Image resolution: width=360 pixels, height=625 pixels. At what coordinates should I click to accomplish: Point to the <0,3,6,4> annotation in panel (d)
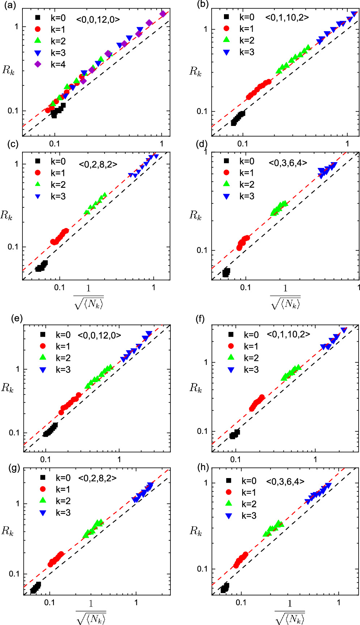tap(288, 163)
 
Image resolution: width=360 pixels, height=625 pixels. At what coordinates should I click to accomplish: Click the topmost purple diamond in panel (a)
tap(163, 14)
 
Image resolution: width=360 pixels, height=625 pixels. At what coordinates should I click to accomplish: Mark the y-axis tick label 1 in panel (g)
tap(17, 503)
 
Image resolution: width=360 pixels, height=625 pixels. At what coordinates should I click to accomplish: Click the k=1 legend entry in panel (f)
tap(244, 346)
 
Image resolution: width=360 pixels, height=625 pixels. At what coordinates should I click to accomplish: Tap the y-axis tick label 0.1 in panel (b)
tap(202, 111)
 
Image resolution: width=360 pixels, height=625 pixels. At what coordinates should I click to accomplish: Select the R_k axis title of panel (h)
tap(196, 531)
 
